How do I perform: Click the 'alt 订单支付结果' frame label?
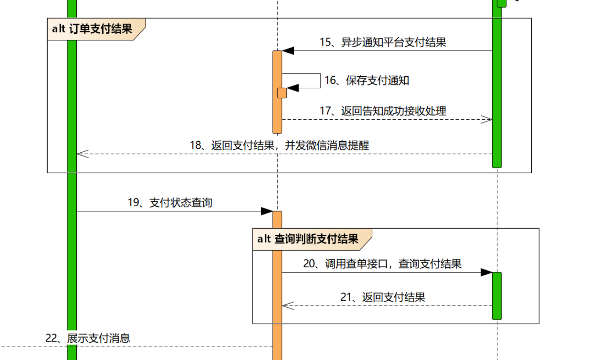coord(92,29)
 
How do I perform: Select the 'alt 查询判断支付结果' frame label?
coord(308,239)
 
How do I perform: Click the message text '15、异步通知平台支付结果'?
coord(383,42)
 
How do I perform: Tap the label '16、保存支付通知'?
coord(367,81)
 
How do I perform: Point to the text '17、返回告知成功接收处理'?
coord(383,111)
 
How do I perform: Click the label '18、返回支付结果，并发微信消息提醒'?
coord(279,145)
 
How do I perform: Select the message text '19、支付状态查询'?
coord(170,203)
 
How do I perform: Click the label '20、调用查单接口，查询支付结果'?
coord(382,264)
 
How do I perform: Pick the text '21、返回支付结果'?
coord(383,297)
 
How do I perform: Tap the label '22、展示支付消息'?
coord(88,338)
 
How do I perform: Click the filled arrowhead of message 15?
coord(288,51)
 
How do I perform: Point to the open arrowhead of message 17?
coord(487,120)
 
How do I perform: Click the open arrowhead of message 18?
coord(82,154)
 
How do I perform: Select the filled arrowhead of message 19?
coord(267,211)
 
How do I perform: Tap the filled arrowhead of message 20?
coord(486,272)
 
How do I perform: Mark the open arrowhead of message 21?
coord(288,306)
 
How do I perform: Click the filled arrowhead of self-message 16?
coord(293,88)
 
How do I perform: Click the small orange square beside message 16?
coord(282,93)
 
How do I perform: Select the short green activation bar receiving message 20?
coord(497,296)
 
